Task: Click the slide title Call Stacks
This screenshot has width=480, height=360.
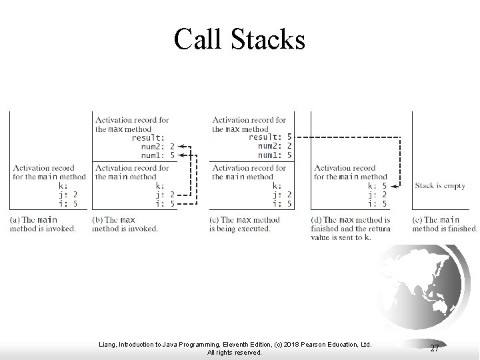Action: pyautogui.click(x=239, y=39)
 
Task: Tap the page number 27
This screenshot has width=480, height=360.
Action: pyautogui.click(x=435, y=348)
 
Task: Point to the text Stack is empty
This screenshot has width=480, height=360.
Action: pyautogui.click(x=441, y=186)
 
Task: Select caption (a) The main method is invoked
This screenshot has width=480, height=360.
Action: pyautogui.click(x=43, y=224)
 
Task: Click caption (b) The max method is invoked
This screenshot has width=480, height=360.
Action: pyautogui.click(x=125, y=224)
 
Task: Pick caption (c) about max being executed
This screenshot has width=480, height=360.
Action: pyautogui.click(x=245, y=224)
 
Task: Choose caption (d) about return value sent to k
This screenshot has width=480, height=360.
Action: pyautogui.click(x=351, y=228)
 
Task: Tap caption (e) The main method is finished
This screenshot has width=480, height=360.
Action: pyautogui.click(x=445, y=224)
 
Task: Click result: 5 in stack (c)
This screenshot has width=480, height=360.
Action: pyautogui.click(x=270, y=137)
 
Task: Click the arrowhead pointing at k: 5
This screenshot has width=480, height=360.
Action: pyautogui.click(x=393, y=186)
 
